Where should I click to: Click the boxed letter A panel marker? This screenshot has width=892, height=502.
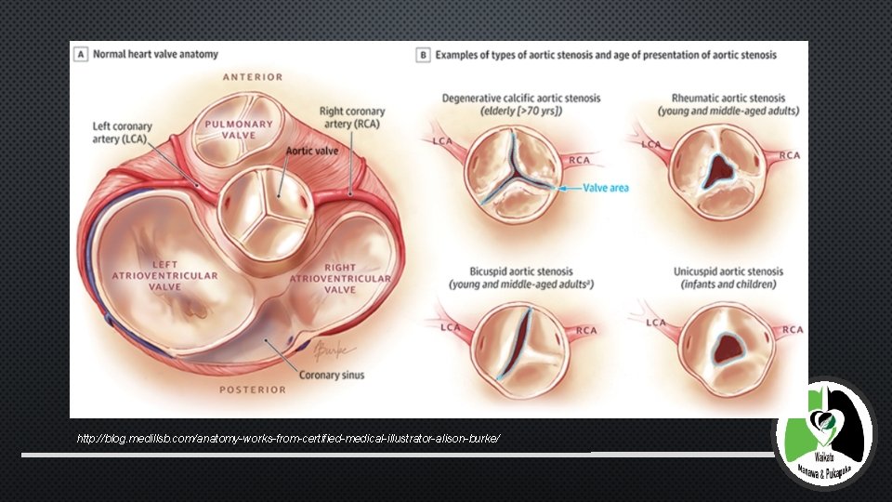pyautogui.click(x=81, y=55)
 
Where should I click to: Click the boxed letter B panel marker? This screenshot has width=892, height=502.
pyautogui.click(x=424, y=55)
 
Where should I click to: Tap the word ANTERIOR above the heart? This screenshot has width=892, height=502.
pyautogui.click(x=253, y=76)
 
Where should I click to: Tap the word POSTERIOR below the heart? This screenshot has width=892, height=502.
pyautogui.click(x=253, y=390)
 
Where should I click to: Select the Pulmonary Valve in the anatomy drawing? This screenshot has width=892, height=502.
pyautogui.click(x=238, y=130)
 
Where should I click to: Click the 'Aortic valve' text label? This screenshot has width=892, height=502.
pyautogui.click(x=312, y=151)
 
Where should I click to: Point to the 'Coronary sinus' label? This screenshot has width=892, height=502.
pyautogui.click(x=332, y=376)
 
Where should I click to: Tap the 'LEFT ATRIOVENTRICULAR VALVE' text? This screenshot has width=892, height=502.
pyautogui.click(x=165, y=276)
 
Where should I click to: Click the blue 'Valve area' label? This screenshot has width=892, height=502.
pyautogui.click(x=606, y=188)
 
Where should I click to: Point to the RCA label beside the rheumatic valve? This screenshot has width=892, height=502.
pyautogui.click(x=789, y=155)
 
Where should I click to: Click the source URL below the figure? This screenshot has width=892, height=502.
pyautogui.click(x=289, y=437)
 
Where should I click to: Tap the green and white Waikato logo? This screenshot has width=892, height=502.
pyautogui.click(x=823, y=433)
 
